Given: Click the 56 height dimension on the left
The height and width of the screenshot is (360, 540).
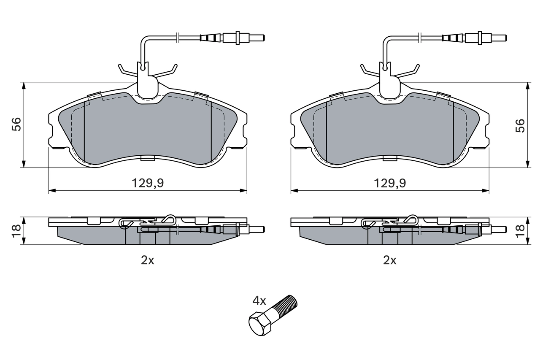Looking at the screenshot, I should [16, 125].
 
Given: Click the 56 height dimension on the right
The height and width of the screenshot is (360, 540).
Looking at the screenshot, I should [521, 125].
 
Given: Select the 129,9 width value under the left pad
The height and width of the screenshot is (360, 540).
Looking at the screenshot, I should [148, 183].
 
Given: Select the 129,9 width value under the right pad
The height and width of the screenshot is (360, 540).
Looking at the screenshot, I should [390, 183].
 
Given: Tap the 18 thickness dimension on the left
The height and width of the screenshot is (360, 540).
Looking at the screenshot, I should [16, 230].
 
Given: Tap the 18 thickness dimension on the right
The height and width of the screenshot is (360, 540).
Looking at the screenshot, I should [521, 230].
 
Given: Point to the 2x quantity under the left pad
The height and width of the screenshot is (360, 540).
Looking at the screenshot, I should [148, 260].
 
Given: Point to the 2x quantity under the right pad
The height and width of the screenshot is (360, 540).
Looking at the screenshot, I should [390, 260].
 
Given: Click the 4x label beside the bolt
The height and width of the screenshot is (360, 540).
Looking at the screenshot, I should [259, 301].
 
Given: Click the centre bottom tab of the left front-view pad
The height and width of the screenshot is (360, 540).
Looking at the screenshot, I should [148, 158].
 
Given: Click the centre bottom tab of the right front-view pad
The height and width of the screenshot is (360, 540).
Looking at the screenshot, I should [390, 158].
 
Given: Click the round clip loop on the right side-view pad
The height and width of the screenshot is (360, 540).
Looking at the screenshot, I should [412, 219].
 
